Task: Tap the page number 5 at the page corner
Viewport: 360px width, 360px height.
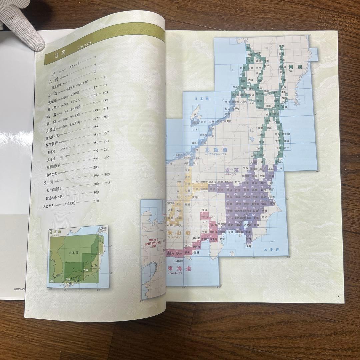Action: (x=338, y=297)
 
